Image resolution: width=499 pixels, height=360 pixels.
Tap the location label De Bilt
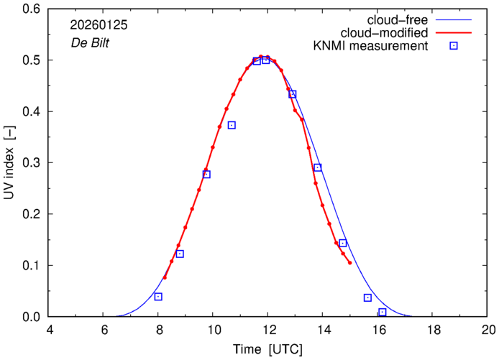pos(88,41)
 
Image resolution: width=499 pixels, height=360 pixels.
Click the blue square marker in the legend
pos(453,47)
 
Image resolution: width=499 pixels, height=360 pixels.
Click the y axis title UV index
pos(9,163)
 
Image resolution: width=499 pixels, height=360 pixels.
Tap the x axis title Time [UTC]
pos(267,349)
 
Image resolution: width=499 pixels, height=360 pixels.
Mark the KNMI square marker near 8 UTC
pos(158,297)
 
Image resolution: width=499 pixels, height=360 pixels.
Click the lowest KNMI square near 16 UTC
pos(383,312)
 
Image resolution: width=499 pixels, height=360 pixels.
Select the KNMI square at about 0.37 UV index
pos(232,125)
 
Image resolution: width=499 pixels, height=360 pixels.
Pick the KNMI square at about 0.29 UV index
pos(317,167)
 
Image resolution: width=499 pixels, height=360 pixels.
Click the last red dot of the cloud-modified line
pos(350,263)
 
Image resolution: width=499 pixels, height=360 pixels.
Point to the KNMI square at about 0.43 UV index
pos(293,94)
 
